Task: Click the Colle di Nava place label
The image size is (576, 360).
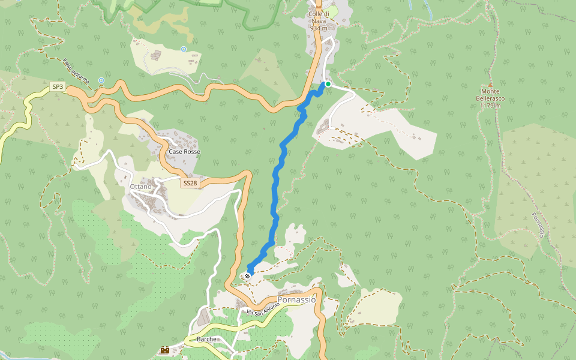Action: click(x=321, y=17)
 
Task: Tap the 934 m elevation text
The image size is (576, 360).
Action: click(x=319, y=28)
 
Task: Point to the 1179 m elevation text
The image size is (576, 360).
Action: click(x=490, y=106)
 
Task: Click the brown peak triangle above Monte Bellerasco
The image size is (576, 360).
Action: click(x=490, y=85)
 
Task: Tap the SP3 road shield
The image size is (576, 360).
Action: click(x=58, y=87)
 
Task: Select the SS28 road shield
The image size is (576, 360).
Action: click(x=190, y=183)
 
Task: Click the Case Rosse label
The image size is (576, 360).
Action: click(x=184, y=152)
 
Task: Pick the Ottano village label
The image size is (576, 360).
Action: click(x=140, y=187)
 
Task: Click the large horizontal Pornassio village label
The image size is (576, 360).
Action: click(x=296, y=299)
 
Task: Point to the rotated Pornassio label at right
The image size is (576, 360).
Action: click(x=537, y=224)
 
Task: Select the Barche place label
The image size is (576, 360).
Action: click(x=206, y=339)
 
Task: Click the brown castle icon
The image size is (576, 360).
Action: click(x=164, y=349)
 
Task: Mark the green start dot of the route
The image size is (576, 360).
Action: click(x=328, y=84)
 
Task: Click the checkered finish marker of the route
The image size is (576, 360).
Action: click(x=247, y=275)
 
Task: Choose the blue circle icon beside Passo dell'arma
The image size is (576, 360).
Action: click(x=101, y=80)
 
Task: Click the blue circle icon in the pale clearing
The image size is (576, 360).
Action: click(x=184, y=49)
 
